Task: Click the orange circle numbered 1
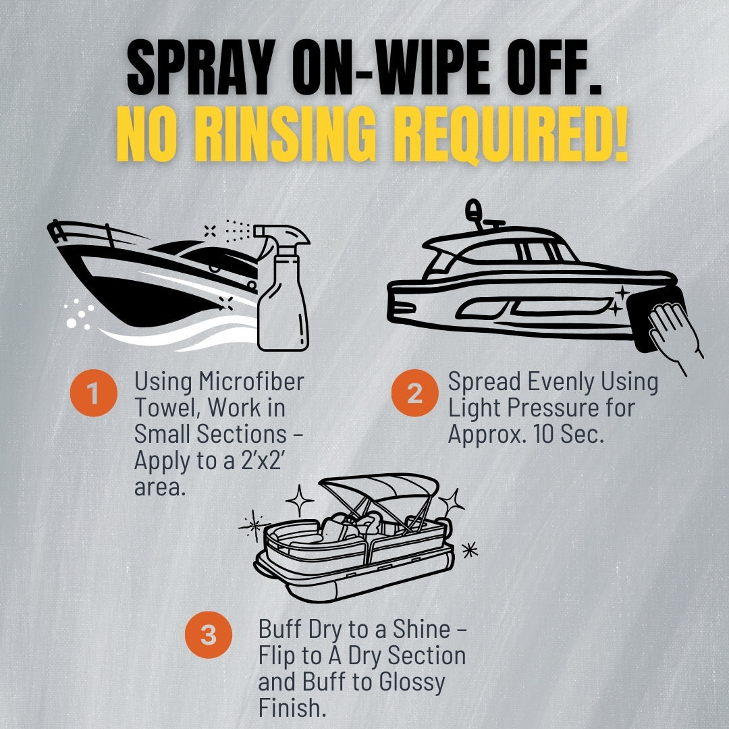(x=93, y=393)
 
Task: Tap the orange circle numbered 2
(x=414, y=393)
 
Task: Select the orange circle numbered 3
(x=209, y=634)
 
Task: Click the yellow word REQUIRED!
(x=509, y=134)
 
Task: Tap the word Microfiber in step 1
(x=252, y=381)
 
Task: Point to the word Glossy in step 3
(x=412, y=683)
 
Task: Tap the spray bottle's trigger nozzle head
(x=281, y=236)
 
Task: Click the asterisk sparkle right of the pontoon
(x=470, y=550)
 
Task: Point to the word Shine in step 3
(x=421, y=629)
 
